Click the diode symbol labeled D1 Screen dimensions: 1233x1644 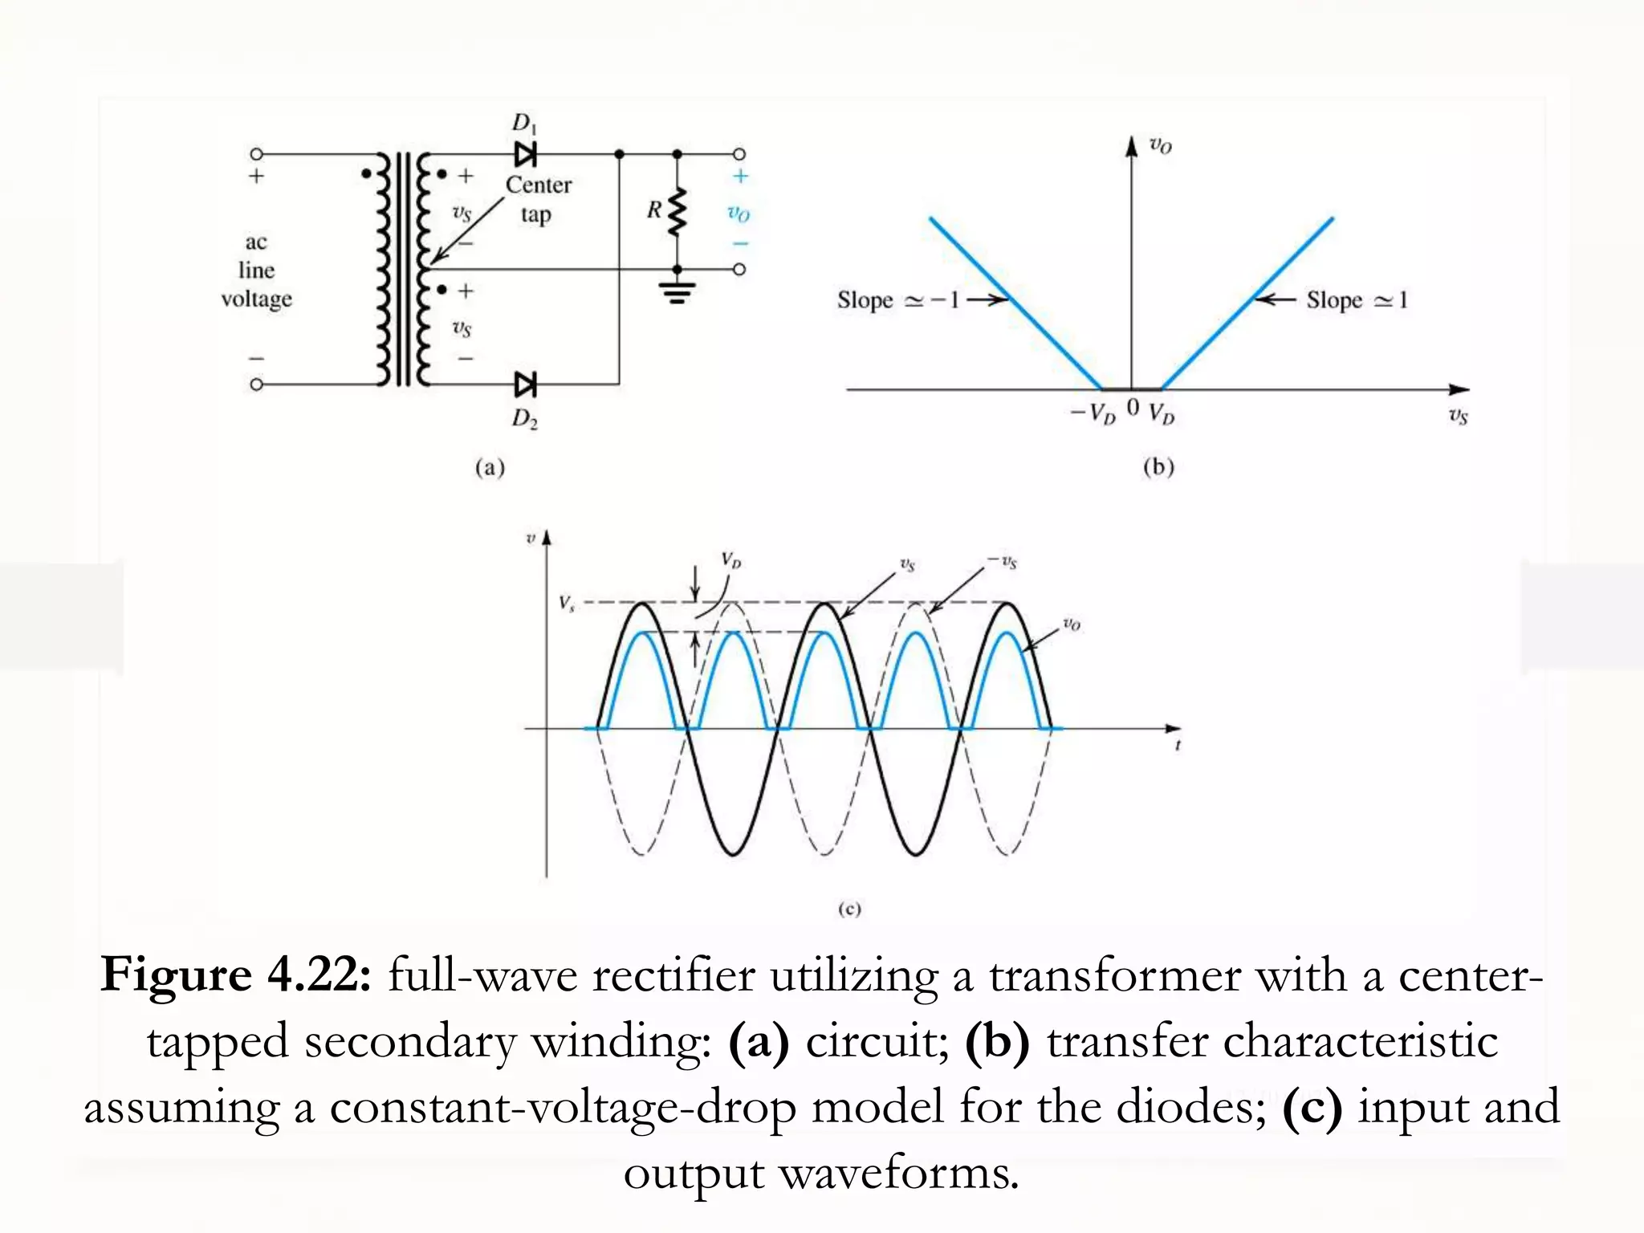pos(526,153)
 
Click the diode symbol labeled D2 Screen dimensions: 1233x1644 pos(526,385)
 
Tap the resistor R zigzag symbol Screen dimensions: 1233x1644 pos(678,212)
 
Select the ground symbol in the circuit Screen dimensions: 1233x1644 pos(678,292)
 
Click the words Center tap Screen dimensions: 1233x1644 pos(538,199)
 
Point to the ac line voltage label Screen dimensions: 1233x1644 pos(256,271)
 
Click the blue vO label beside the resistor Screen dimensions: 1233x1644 pos(739,214)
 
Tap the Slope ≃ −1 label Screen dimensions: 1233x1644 pos(897,300)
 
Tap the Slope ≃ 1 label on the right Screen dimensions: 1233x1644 pos(1357,300)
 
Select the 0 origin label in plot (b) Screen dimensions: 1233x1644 pos(1133,408)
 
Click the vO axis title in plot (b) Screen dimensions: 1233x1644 pos(1161,146)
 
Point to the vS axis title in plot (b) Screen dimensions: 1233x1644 pos(1458,416)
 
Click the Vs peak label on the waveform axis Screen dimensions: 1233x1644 pos(567,603)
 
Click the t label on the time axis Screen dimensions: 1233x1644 pos(1178,746)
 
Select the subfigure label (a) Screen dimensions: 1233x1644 pos(490,467)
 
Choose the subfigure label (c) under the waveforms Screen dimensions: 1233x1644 pos(849,909)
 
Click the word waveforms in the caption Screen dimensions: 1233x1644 pos(898,1173)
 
